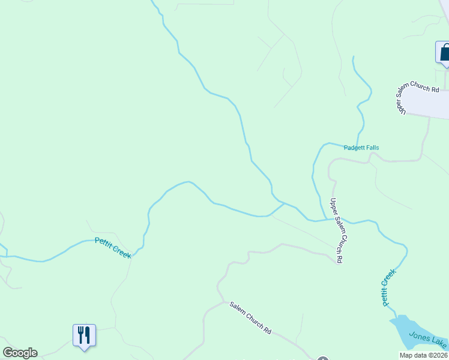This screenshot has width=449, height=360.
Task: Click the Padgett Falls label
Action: (x=361, y=148)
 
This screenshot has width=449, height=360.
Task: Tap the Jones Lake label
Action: (x=427, y=339)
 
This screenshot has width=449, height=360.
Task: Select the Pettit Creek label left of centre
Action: (x=113, y=247)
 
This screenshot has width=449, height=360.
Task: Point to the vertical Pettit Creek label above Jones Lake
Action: (x=388, y=288)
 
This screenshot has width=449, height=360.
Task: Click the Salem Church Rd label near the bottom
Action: (x=250, y=318)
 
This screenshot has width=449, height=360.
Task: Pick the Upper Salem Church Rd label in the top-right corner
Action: (x=417, y=96)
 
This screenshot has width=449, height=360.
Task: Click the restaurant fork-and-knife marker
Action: (x=84, y=335)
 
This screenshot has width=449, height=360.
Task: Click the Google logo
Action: (x=20, y=353)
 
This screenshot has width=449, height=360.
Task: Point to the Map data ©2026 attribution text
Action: (x=423, y=355)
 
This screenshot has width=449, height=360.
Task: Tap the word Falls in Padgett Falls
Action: (x=372, y=148)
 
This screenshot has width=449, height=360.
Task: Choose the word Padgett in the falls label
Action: (x=354, y=148)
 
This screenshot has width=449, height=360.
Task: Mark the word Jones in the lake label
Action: (x=419, y=336)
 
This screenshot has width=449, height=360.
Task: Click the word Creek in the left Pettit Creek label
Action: (x=121, y=251)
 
